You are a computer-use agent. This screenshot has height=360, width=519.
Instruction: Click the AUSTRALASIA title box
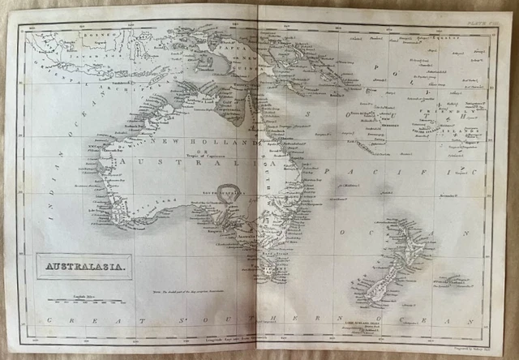tap(79, 264)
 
